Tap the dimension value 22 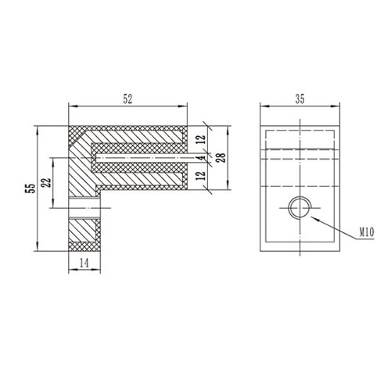(47, 182)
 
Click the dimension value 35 (300, 100)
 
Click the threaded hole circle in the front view (299, 208)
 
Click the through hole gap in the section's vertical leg (84, 209)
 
